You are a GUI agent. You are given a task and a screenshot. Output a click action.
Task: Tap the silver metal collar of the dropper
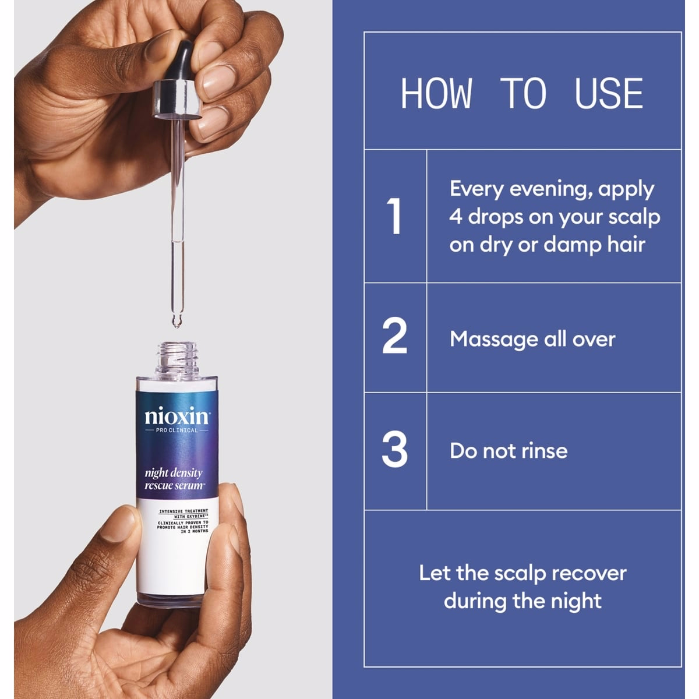[x=178, y=99]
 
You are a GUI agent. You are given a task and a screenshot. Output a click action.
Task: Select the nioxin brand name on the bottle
[x=176, y=417]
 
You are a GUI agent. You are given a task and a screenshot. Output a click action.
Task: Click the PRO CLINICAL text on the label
[x=176, y=430]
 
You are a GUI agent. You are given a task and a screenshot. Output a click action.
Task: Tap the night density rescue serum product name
[x=174, y=479]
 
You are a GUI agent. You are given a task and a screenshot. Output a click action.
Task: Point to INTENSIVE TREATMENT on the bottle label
[x=183, y=511]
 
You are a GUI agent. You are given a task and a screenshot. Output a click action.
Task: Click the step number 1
[x=394, y=216]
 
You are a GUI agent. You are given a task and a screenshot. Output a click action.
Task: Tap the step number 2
[x=395, y=335]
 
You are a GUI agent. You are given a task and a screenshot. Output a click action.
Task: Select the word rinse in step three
[x=545, y=451]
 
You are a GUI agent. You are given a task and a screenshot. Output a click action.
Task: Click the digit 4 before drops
[x=456, y=217]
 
